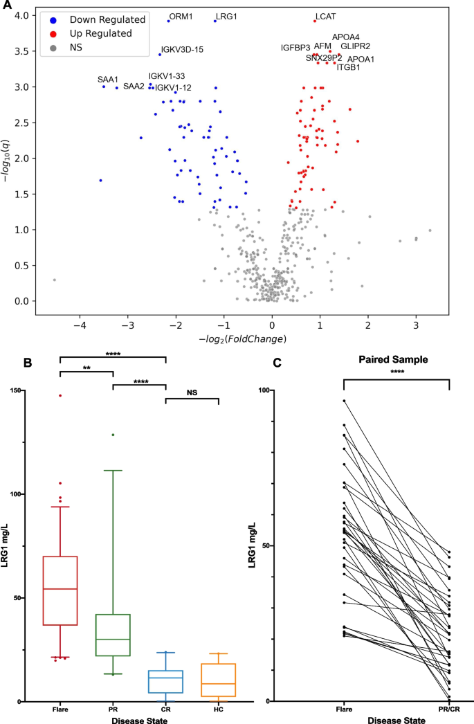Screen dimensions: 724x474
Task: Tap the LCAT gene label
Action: click(326, 15)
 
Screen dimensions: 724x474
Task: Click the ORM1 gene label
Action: click(181, 15)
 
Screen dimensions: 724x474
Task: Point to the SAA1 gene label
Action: click(108, 80)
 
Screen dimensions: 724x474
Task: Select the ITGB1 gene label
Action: click(348, 67)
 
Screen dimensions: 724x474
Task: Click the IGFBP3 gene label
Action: click(295, 48)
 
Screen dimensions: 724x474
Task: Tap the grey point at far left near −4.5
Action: click(54, 280)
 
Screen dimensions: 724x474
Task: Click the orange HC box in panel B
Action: click(218, 682)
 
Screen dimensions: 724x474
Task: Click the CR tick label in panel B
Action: click(165, 709)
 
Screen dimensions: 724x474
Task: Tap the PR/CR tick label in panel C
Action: click(449, 709)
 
